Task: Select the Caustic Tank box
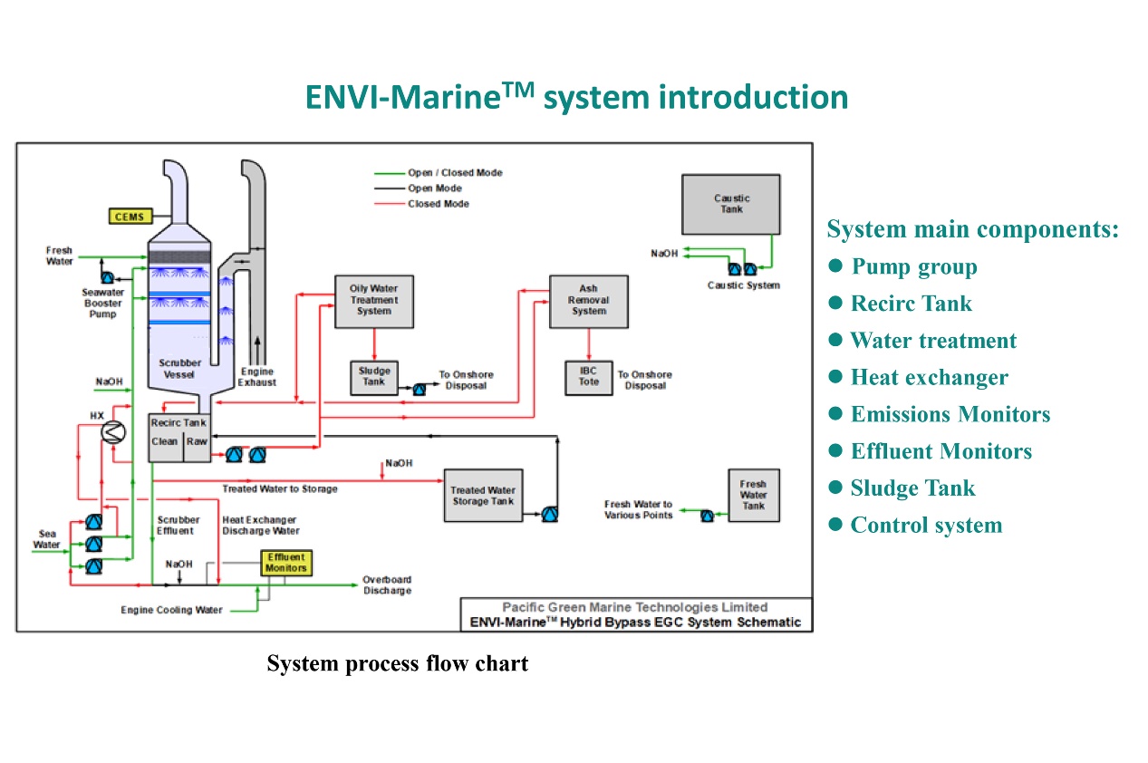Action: tap(731, 205)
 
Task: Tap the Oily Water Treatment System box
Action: tap(373, 301)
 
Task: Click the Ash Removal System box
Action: tap(588, 301)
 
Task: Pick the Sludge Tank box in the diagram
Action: tap(373, 377)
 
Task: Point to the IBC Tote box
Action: tap(589, 377)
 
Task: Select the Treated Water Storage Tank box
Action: tap(483, 496)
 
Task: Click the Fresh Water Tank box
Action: tap(753, 496)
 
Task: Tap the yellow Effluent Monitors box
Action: tap(285, 563)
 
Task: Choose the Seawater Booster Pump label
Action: tap(102, 304)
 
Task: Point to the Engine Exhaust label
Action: tap(257, 377)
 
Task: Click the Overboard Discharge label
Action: tap(387, 585)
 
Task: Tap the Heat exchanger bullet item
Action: tap(929, 377)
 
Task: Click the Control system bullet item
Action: tap(926, 525)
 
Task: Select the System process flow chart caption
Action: tap(397, 663)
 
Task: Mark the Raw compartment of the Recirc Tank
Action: tap(197, 441)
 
